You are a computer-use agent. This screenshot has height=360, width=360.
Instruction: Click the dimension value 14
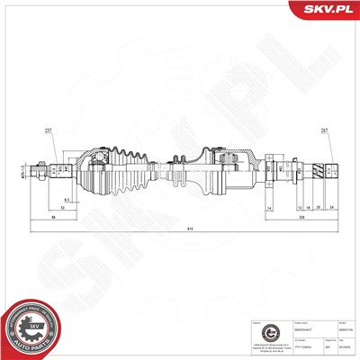[269, 209]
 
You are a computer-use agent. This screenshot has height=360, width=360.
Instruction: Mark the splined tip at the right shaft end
[328, 167]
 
